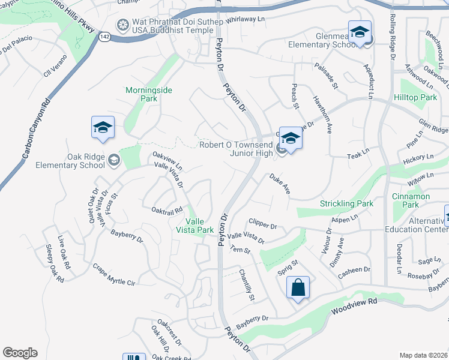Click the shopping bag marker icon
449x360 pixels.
coord(298,288)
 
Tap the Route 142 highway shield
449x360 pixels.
coord(106,37)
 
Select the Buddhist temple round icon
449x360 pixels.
coord(123,25)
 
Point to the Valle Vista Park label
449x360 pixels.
coord(199,225)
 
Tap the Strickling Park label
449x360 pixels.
coord(347,203)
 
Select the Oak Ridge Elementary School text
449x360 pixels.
coord(70,161)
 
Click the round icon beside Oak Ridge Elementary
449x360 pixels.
coord(113,160)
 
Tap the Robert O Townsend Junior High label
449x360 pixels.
coord(237,148)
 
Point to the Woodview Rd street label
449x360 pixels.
coord(355,307)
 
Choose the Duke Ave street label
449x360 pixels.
coord(280,184)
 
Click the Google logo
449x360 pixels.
coord(20,353)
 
